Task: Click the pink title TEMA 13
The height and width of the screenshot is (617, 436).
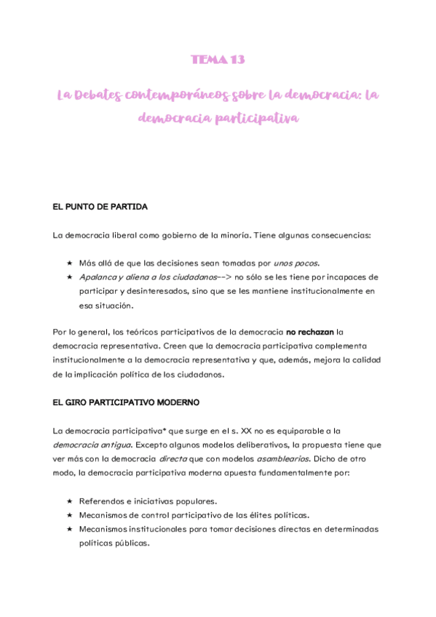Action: (x=218, y=60)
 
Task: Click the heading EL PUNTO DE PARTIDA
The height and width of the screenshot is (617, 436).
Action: (x=100, y=207)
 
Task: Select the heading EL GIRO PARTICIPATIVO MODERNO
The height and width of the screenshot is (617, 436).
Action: (x=126, y=402)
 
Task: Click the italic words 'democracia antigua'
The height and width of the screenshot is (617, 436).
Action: (x=87, y=444)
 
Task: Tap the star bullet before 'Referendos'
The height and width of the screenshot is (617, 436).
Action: (x=69, y=501)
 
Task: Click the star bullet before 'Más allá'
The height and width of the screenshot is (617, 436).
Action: (x=69, y=263)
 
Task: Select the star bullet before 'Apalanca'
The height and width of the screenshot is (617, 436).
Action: (x=69, y=277)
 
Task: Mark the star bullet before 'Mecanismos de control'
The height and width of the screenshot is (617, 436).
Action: (x=69, y=515)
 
